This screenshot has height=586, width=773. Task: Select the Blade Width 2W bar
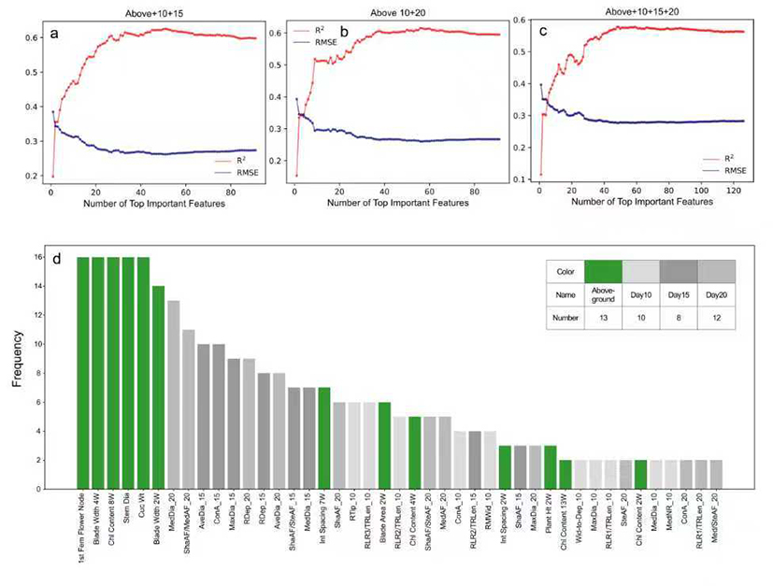tap(158, 387)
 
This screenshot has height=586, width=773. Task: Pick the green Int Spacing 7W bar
tap(324, 437)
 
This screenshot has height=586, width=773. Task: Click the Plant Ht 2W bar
tap(551, 467)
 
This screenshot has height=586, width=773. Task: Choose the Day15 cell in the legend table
tap(678, 294)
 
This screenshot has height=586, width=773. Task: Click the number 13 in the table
tap(603, 317)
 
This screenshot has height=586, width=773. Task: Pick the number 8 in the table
tap(678, 317)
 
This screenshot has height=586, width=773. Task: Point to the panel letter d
tap(59, 255)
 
